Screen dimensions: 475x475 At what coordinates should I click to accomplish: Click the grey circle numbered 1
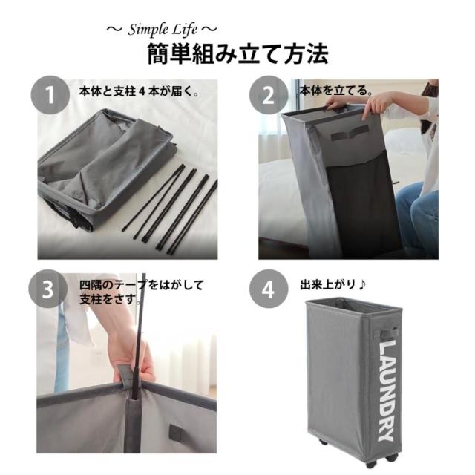click(50, 95)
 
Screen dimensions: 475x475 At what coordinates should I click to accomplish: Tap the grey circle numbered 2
click(269, 95)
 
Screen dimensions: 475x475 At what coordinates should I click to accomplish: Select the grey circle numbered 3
click(47, 289)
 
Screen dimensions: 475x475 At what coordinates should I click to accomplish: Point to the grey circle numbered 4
click(269, 289)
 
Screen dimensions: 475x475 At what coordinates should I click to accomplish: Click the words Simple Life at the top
click(163, 30)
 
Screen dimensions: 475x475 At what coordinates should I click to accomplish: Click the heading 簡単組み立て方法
click(237, 54)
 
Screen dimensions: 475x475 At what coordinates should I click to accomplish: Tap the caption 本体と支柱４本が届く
click(139, 91)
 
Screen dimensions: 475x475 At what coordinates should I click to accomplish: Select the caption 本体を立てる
click(336, 91)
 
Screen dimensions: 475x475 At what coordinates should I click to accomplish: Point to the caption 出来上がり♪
click(333, 285)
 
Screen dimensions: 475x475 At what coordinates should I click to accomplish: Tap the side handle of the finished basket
click(384, 333)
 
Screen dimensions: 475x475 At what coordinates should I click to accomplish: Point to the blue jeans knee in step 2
click(417, 212)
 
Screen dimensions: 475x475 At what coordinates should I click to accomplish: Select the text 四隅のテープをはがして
click(142, 285)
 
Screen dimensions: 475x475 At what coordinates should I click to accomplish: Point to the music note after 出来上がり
click(361, 285)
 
